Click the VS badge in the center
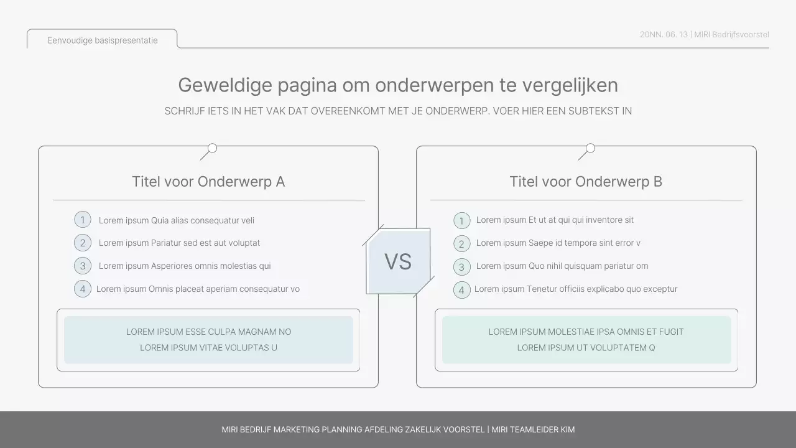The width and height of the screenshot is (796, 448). click(398, 261)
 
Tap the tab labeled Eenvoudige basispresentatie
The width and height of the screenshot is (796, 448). click(103, 40)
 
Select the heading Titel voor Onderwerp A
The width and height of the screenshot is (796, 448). click(208, 182)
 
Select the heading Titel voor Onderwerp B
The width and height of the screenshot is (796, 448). click(586, 182)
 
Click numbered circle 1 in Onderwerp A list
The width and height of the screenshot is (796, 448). click(83, 220)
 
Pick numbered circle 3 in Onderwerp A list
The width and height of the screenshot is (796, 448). click(83, 266)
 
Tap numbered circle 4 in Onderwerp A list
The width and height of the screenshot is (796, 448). click(83, 289)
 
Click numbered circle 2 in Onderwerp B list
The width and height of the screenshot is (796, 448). click(461, 243)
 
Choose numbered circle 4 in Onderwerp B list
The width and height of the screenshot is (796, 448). click(461, 290)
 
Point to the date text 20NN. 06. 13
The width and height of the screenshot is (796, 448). click(664, 34)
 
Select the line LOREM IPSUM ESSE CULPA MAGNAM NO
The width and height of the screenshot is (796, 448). click(208, 332)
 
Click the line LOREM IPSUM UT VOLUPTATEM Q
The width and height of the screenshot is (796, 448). click(586, 348)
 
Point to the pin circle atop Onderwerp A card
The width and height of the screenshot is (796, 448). click(212, 148)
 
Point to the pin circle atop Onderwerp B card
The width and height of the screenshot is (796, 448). click(590, 148)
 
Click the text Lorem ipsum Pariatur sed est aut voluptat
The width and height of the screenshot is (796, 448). click(179, 243)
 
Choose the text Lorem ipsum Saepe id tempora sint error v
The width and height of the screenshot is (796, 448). click(558, 243)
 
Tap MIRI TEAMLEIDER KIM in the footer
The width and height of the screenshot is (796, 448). click(533, 429)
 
